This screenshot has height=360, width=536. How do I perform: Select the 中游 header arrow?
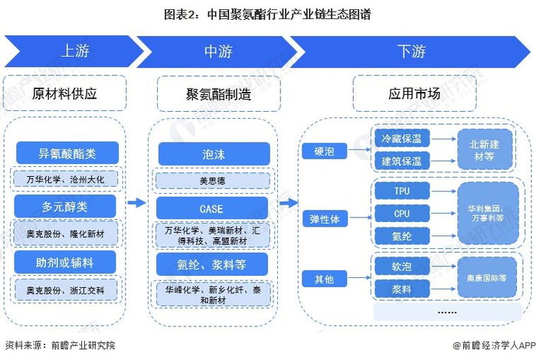[218, 51]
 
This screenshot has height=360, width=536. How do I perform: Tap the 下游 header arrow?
[411, 51]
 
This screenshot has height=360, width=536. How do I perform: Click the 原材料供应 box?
[64, 94]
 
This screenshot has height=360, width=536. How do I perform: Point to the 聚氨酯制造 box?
[213, 94]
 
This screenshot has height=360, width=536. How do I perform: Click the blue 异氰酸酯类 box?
[65, 152]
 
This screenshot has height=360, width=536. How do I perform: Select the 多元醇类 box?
[65, 205]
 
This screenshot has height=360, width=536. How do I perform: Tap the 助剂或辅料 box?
[65, 262]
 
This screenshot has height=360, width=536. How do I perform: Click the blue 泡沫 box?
[213, 153]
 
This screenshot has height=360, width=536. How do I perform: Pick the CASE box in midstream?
[213, 207]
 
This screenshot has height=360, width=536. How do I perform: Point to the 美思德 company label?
[213, 181]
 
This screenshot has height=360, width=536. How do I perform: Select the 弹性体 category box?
[325, 218]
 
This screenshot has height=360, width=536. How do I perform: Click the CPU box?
[401, 214]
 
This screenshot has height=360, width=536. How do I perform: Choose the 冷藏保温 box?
[401, 138]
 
